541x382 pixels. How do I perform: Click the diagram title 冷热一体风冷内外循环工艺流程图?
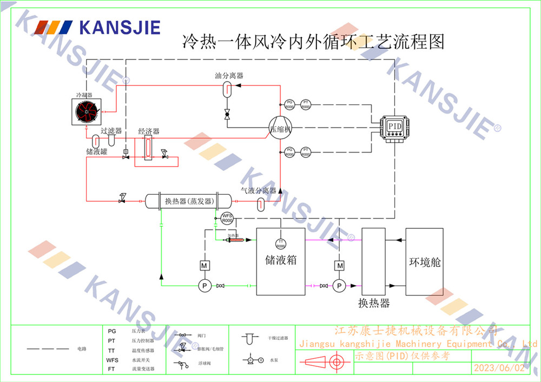[314, 42]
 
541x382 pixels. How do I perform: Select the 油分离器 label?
[229, 75]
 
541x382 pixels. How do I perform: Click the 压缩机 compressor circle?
[281, 129]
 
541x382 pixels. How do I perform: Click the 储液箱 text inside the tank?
[281, 260]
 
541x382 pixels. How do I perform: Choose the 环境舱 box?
[424, 262]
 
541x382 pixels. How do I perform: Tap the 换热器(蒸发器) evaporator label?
[188, 201]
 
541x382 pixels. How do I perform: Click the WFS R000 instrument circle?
[227, 219]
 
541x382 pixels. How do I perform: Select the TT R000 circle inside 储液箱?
[281, 243]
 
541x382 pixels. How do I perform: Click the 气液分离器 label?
[259, 190]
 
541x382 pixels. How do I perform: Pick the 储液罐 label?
[97, 152]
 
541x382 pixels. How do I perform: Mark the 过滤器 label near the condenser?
[111, 131]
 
